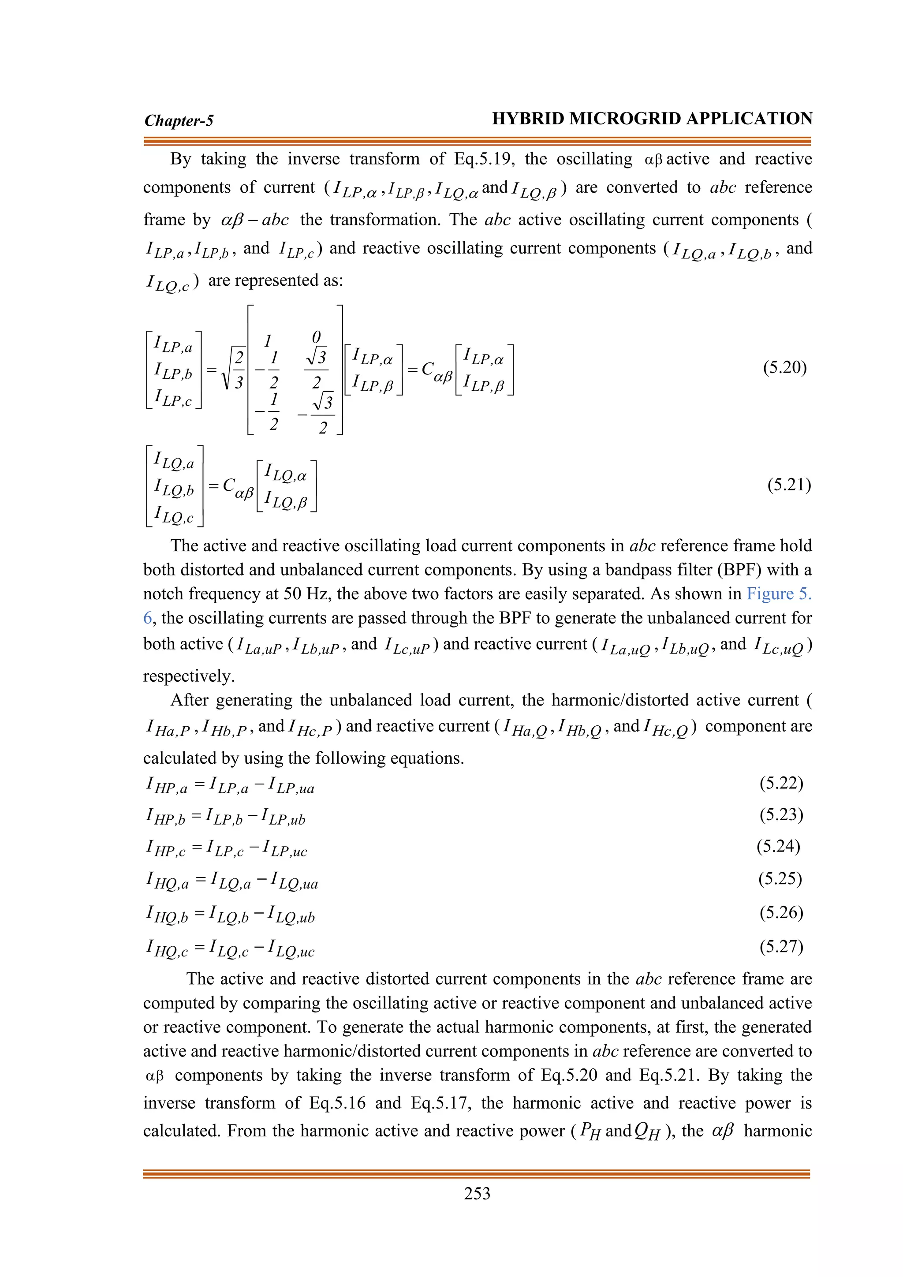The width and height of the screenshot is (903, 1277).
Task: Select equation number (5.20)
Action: pyautogui.click(x=784, y=368)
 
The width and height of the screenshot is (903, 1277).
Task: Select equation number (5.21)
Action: pyautogui.click(x=788, y=485)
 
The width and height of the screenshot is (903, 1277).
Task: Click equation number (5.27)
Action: pyautogui.click(x=781, y=946)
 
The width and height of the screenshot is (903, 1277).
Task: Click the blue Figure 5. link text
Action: pyautogui.click(x=779, y=594)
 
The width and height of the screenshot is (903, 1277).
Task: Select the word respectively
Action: pyautogui.click(x=189, y=676)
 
